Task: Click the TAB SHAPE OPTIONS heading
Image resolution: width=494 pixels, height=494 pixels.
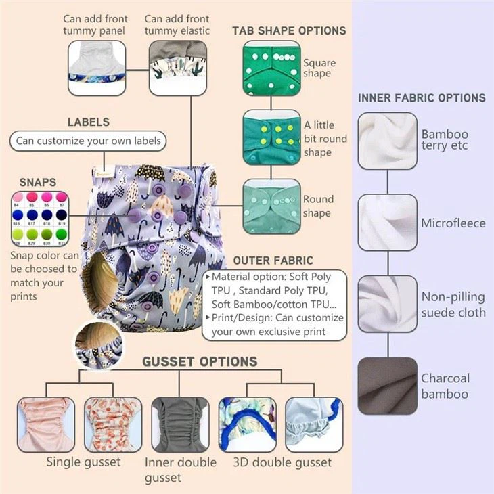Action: (289, 30)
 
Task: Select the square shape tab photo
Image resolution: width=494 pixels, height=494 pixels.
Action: (271, 68)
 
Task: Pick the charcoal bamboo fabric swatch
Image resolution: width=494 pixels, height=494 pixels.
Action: (387, 386)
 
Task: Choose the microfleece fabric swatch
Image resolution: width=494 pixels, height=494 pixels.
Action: (387, 223)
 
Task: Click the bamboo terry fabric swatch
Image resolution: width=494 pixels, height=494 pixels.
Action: (387, 141)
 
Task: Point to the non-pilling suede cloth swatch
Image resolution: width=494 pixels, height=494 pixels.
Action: (387, 304)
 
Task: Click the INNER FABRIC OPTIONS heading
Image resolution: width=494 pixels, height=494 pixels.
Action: (422, 98)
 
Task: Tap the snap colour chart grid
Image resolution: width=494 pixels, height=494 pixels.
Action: (39, 220)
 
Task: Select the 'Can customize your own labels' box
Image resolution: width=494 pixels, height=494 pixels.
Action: (88, 141)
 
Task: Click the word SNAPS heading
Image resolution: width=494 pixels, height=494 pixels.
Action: (38, 183)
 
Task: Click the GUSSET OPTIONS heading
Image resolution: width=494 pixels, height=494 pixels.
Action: (200, 362)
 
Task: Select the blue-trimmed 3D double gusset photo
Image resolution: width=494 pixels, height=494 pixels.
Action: (246, 425)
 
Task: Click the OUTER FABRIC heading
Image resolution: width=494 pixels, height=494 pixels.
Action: (273, 261)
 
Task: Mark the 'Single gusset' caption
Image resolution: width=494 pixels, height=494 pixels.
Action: (83, 462)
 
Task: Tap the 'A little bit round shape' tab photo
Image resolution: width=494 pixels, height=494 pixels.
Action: (271, 137)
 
